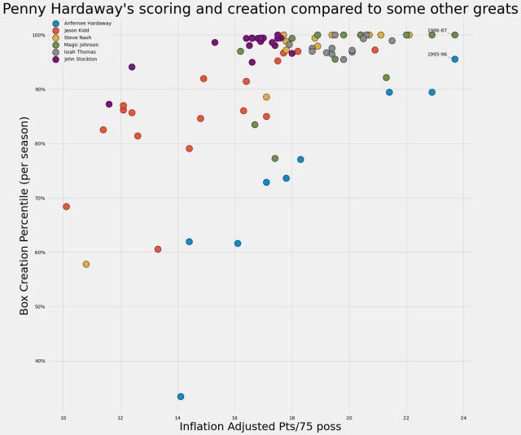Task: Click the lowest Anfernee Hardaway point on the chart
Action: [181, 397]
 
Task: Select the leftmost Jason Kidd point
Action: [66, 207]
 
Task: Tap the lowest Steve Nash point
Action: [86, 264]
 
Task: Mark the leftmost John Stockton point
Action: [109, 104]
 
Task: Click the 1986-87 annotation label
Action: [437, 30]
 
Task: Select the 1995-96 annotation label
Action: [437, 55]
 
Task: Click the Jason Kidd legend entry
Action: [77, 30]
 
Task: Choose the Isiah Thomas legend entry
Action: [79, 52]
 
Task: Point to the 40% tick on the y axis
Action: [39, 361]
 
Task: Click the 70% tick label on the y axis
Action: [39, 198]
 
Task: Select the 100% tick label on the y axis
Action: [38, 35]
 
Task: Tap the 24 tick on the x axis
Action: [463, 419]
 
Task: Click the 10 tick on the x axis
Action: [63, 419]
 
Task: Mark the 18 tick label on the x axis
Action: [292, 419]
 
